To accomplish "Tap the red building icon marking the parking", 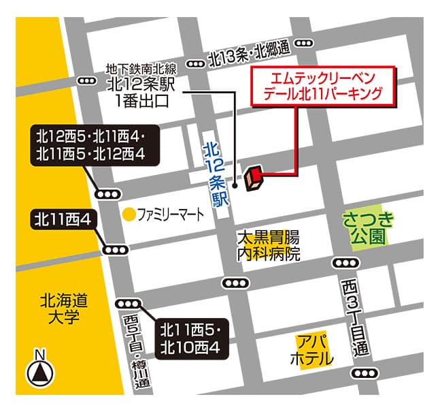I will point(254,176).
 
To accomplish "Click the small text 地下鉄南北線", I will point(141,69).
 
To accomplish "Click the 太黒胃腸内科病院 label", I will point(268,247).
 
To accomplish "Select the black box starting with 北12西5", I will point(94,145).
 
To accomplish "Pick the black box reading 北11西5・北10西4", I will point(190,339).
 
